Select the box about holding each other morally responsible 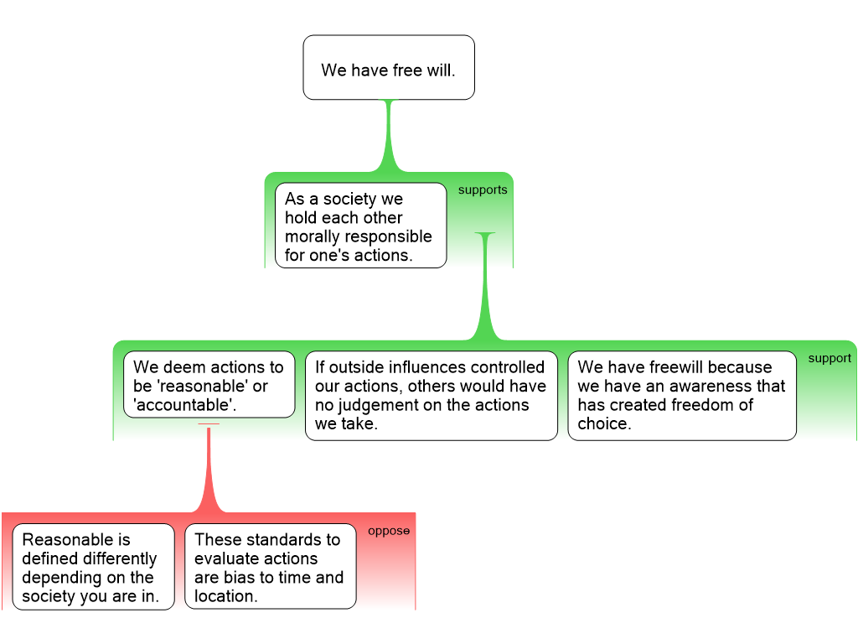click(360, 226)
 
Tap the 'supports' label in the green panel click(482, 190)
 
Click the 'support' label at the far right click(829, 358)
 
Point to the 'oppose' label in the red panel click(389, 531)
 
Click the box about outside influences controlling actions click(431, 395)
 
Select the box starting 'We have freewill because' click(681, 395)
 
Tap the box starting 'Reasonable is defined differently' click(93, 567)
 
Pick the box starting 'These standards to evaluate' click(270, 567)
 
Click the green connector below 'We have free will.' click(388, 138)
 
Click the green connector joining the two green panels click(485, 289)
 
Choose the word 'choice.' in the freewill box click(603, 423)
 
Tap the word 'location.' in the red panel click(225, 596)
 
